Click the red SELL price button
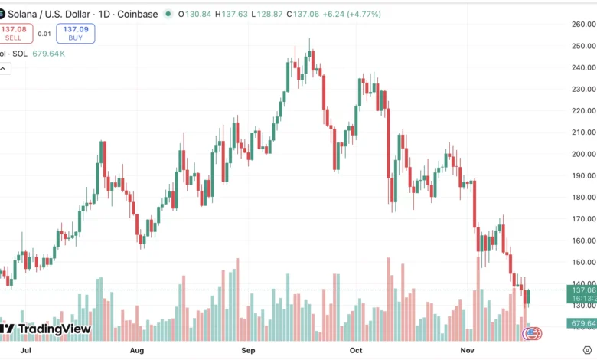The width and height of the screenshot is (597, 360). pos(15,33)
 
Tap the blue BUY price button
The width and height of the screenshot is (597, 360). pos(76,33)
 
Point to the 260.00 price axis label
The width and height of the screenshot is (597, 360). pos(583,24)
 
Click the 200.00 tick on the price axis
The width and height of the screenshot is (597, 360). pos(583,154)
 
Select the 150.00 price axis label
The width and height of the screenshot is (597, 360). pos(583,262)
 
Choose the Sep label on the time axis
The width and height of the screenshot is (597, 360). pos(248,350)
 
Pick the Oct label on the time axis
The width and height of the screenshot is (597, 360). pos(355,350)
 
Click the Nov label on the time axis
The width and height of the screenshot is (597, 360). pos(467,350)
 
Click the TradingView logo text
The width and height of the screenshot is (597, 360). pos(54,329)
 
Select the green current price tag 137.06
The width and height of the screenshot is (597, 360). pos(582,290)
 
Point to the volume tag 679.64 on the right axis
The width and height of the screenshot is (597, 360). pos(582,323)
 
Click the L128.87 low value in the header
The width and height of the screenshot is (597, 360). pos(269,14)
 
